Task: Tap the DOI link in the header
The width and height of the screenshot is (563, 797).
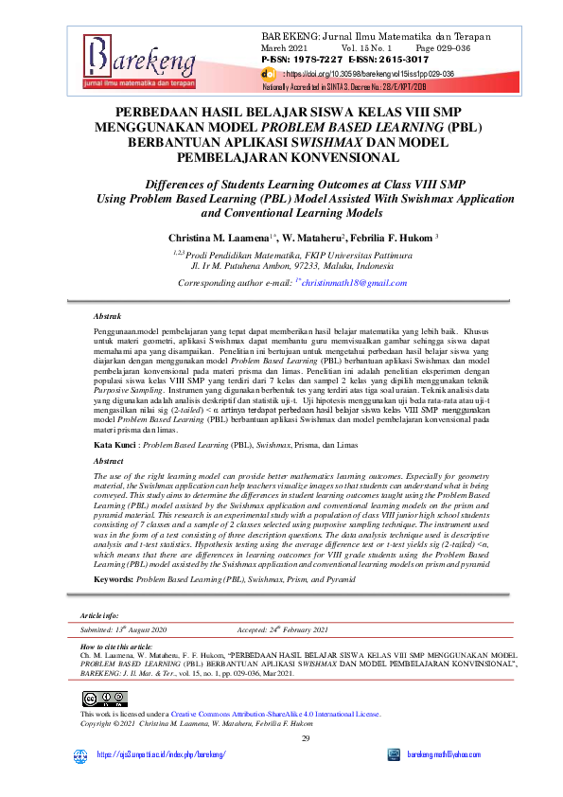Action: pos(370,72)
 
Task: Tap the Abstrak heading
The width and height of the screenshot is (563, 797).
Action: pos(109,315)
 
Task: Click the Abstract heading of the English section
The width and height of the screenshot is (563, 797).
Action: pos(110,460)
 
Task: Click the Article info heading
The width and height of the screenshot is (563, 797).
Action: pos(100,615)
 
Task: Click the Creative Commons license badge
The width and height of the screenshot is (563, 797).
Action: pos(98,699)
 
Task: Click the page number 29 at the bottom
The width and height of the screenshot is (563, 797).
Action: pos(306,738)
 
